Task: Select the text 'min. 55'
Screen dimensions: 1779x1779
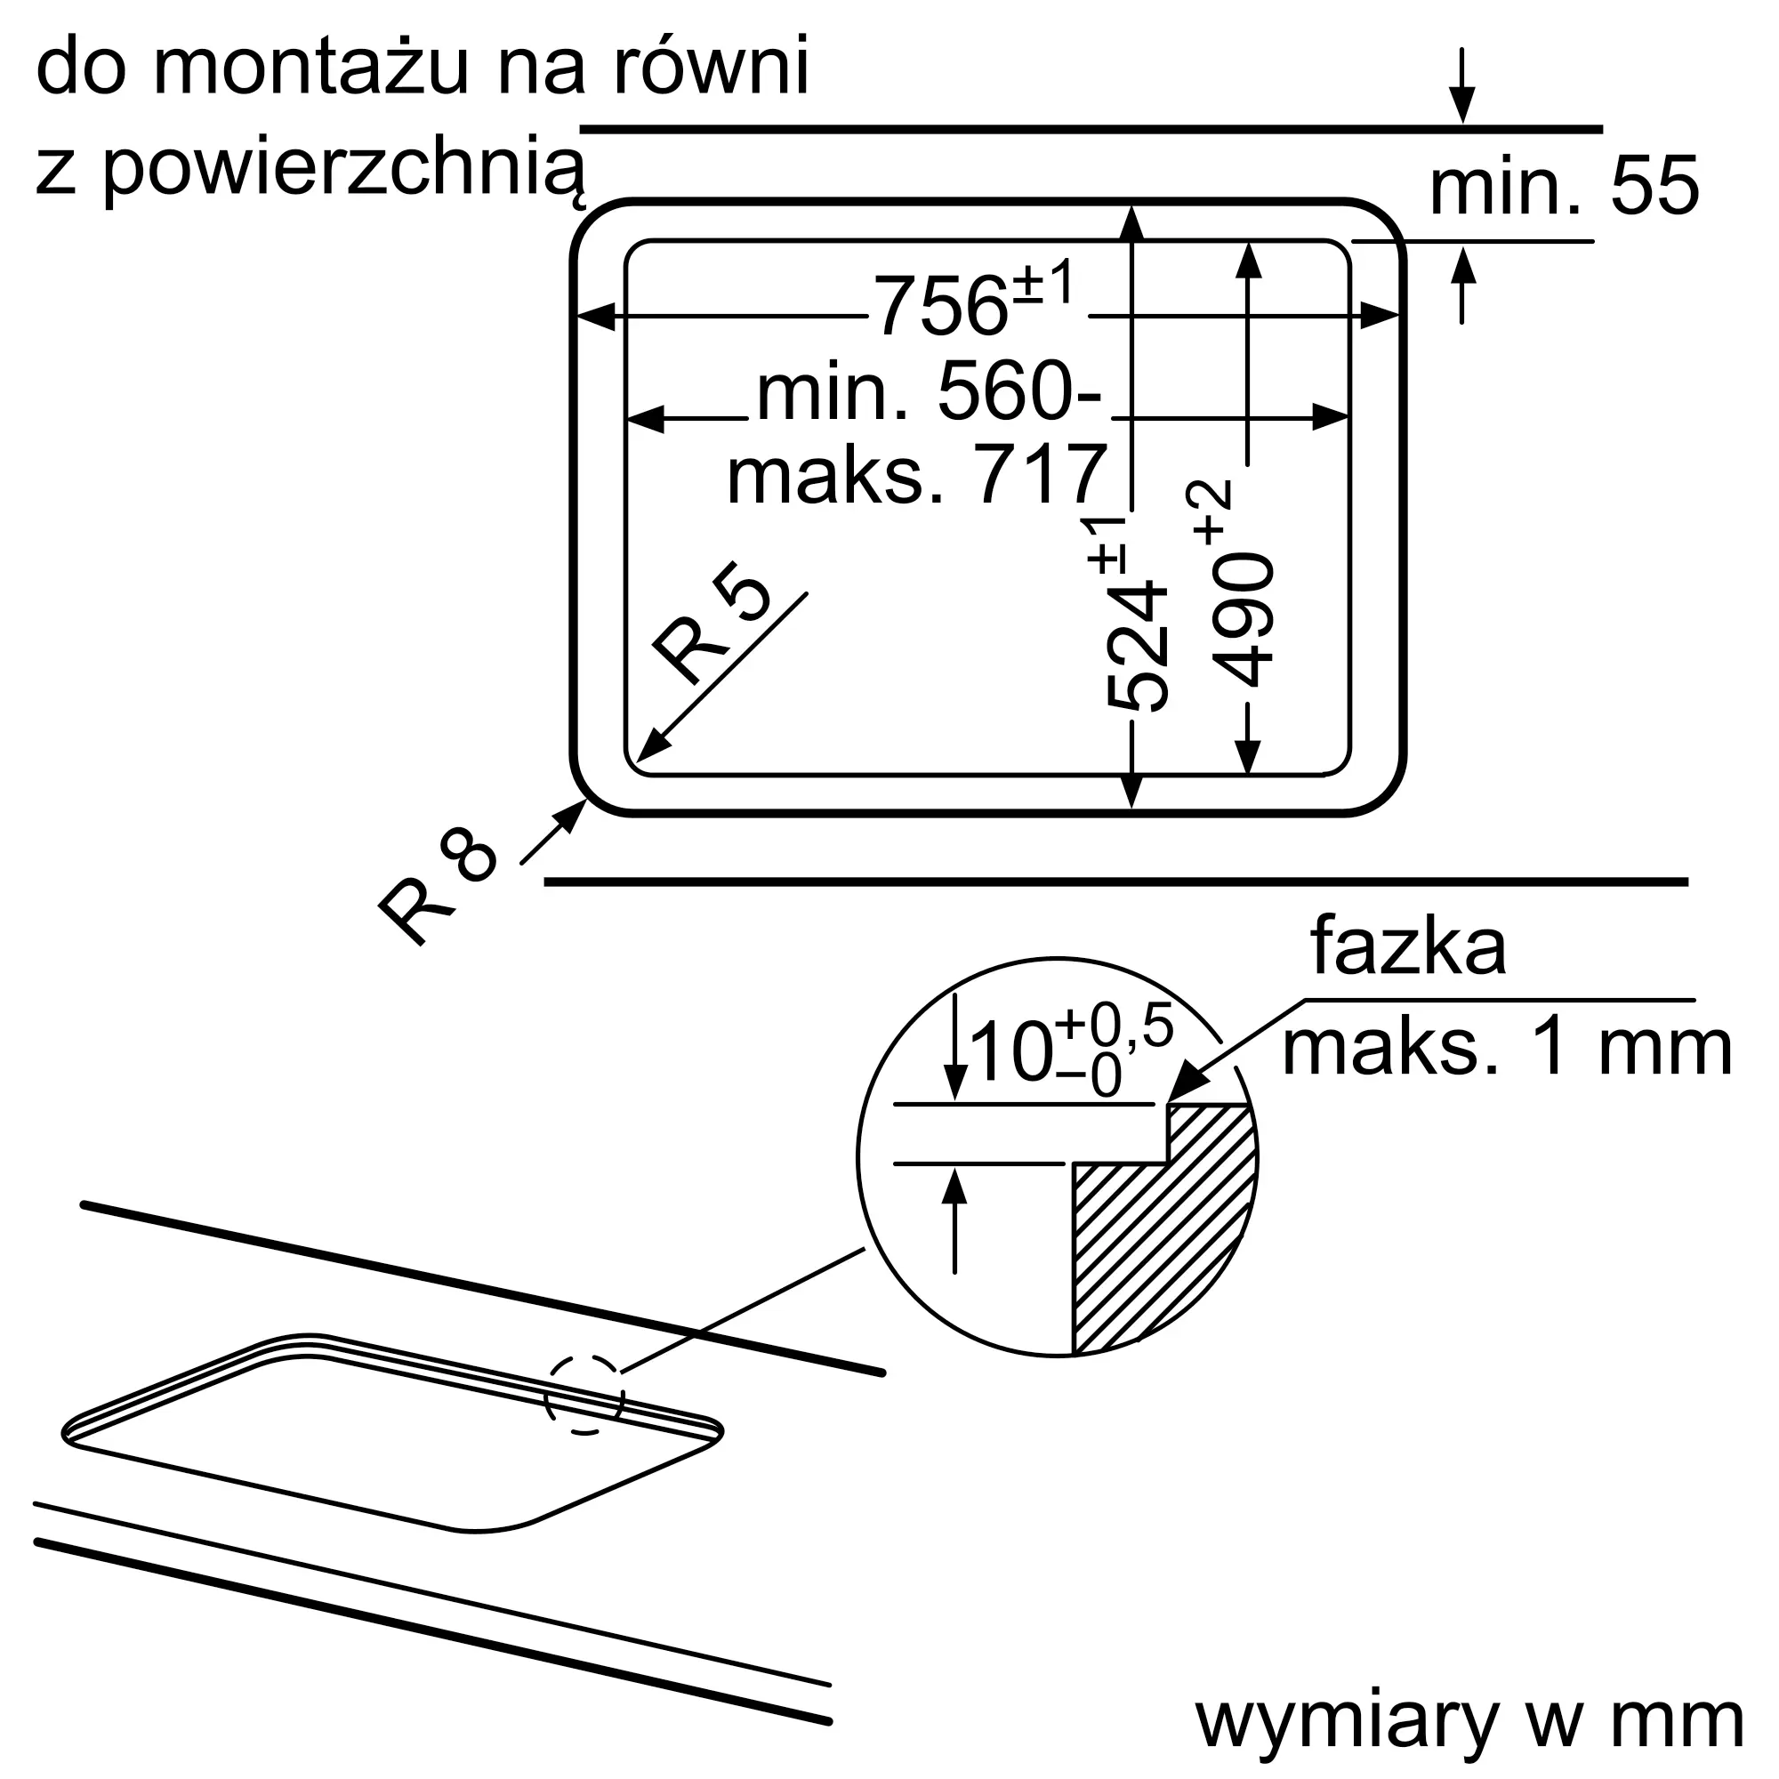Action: click(x=1564, y=187)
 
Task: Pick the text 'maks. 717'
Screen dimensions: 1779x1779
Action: click(x=916, y=474)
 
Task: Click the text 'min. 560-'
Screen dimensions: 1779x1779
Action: click(x=928, y=391)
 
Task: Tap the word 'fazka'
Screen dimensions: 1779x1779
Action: click(x=1408, y=946)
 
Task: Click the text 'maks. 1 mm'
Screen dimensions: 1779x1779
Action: click(x=1508, y=1048)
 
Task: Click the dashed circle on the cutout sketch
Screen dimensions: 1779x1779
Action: click(x=584, y=1394)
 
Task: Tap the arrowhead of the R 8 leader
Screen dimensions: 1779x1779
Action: click(x=574, y=815)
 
